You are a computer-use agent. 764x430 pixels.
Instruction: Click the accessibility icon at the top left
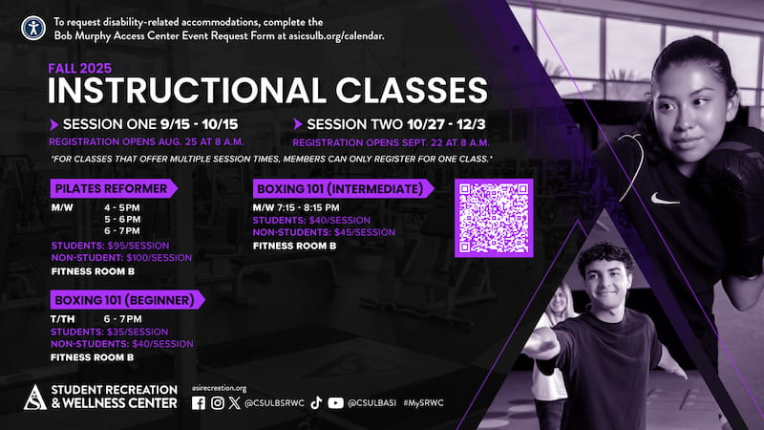coord(33,29)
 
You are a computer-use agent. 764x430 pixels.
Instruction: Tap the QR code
coord(494,218)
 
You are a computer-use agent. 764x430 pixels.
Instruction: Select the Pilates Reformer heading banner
coord(114,188)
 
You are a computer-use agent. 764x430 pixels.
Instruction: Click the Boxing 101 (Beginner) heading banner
coord(128,300)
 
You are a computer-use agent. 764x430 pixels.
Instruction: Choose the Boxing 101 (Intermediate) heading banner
coord(344,188)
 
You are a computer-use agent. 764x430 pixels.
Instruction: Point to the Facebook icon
coord(199,403)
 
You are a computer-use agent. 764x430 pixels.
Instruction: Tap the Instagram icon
coord(218,403)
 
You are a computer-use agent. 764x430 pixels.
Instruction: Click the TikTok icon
coord(316,402)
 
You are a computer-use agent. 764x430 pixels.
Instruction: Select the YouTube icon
coord(335,403)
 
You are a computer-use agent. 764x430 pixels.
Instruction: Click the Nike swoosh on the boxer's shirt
coord(664,199)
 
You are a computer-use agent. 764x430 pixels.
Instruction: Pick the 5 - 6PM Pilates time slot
coord(122,220)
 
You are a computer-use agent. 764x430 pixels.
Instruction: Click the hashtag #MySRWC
coord(423,403)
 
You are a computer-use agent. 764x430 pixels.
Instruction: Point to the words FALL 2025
coord(80,68)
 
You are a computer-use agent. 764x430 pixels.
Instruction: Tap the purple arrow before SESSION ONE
coord(54,125)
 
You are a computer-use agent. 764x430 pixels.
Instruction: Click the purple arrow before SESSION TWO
coord(298,124)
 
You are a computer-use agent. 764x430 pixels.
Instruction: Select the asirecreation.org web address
coord(219,388)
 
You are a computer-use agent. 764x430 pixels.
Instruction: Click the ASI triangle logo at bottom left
coord(35,397)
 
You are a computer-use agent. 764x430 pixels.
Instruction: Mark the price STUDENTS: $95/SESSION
coord(110,246)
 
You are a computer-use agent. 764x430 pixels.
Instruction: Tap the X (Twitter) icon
coord(234,403)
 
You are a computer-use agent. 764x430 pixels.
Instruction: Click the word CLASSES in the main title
coord(412,90)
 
